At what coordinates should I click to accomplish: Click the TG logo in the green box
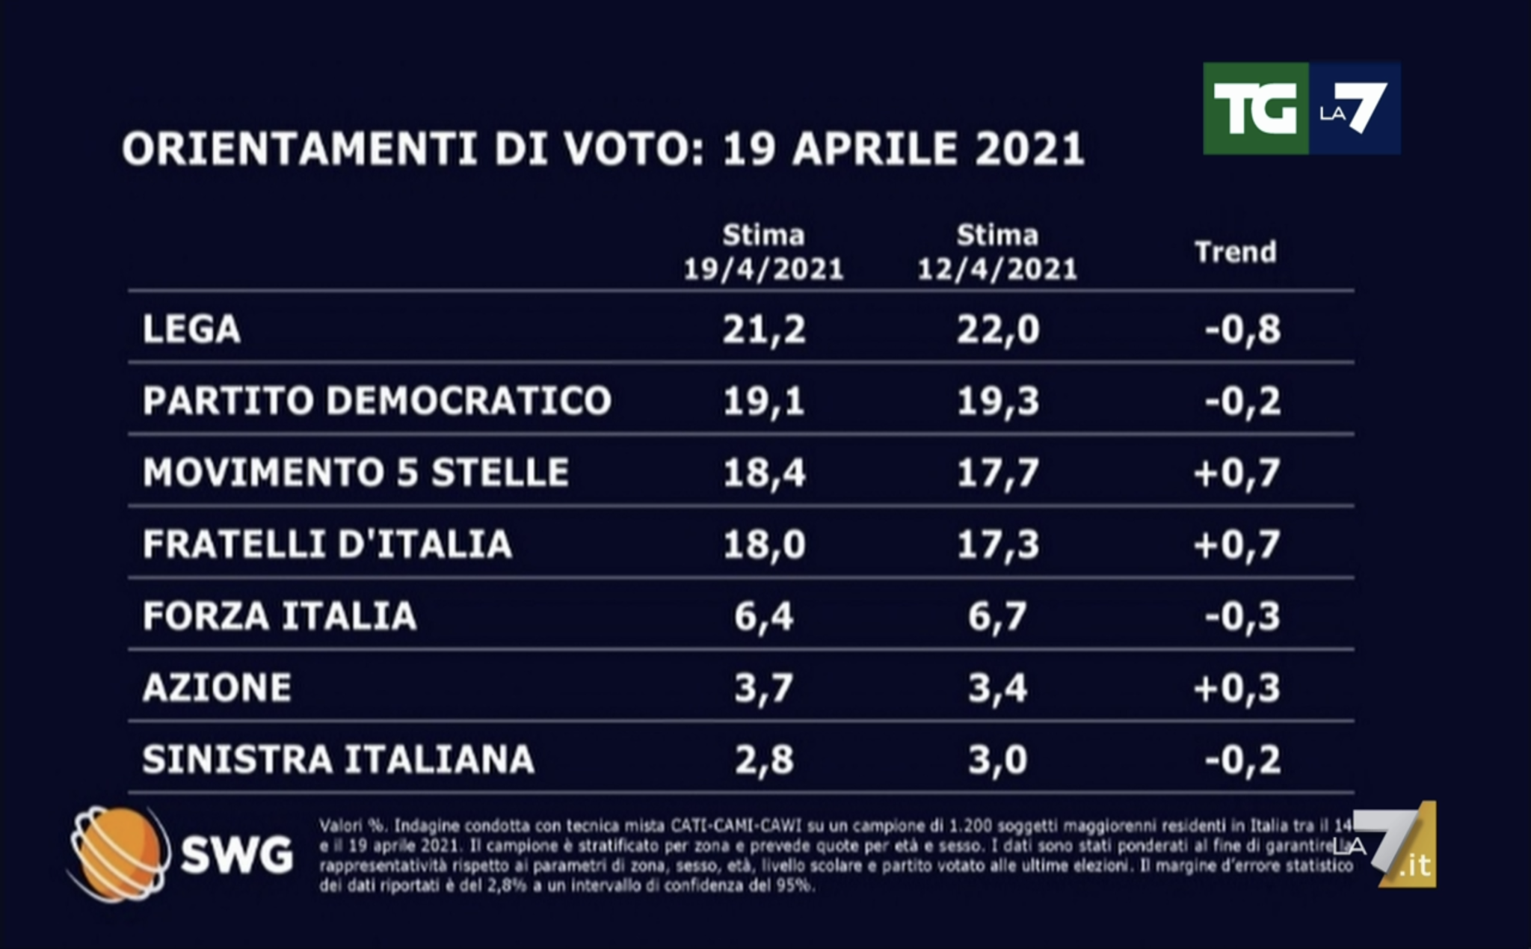1255,109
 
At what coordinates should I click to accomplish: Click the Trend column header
1235,252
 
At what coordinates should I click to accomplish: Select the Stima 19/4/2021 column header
763,252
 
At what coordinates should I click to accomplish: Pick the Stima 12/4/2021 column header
997,252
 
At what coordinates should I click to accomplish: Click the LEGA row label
191,329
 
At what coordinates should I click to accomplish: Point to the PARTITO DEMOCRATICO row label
377,401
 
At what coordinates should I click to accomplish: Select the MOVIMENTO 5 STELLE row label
356,473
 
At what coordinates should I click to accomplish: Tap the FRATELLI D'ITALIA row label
327,544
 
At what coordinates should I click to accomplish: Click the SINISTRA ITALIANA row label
338,760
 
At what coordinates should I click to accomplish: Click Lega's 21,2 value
763,329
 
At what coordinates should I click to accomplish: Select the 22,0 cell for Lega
997,329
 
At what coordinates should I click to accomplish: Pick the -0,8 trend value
1242,329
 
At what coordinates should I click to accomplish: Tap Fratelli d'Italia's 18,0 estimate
763,544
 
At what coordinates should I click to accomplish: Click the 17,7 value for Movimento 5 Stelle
997,473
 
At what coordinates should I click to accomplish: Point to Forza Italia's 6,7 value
997,616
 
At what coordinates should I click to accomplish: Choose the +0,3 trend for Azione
1236,688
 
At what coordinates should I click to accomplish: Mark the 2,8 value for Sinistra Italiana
763,760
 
